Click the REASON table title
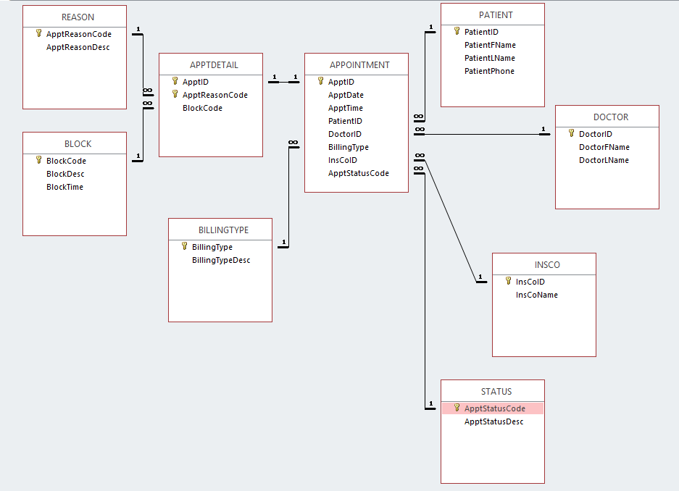78,17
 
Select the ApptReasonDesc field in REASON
78,47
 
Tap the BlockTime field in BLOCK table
64,187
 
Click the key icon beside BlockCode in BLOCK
38,160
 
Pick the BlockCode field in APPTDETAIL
202,108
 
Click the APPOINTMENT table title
360,64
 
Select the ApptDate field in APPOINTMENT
346,95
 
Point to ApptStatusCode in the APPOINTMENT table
358,173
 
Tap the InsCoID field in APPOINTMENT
342,160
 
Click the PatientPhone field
489,71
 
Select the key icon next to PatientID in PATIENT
457,31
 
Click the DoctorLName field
604,160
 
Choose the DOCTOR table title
611,117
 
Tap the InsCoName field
536,295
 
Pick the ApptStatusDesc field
493,421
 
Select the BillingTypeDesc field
221,260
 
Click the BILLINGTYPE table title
223,230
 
